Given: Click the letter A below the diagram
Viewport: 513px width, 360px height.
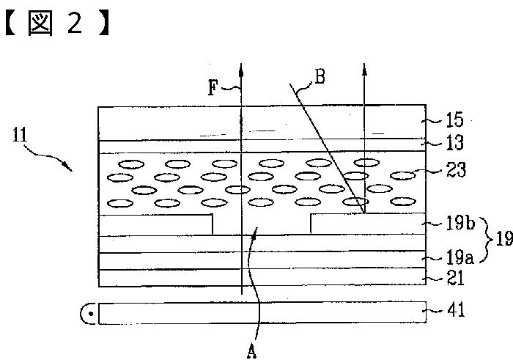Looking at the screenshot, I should tap(251, 352).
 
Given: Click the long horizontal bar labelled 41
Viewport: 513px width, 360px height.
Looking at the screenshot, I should tap(262, 313).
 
